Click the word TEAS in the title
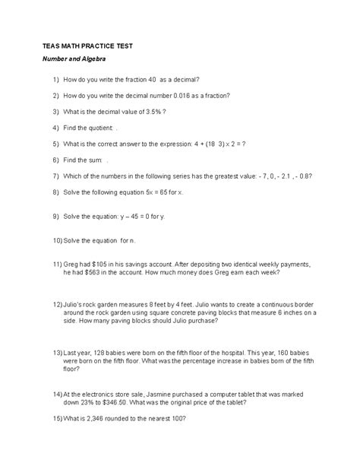click(x=52, y=46)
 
